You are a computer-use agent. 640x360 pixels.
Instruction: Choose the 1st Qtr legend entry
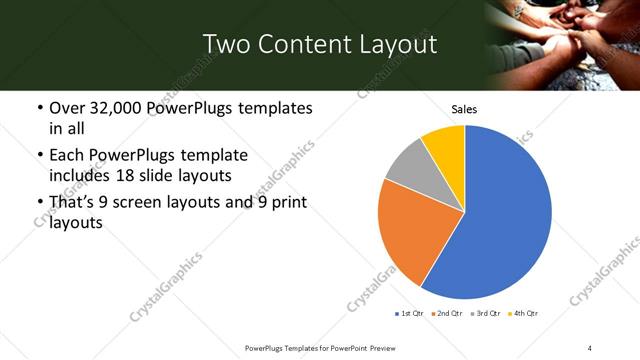(x=411, y=314)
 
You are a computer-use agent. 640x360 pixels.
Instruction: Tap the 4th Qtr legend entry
(x=524, y=314)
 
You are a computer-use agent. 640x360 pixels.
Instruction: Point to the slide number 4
(x=590, y=347)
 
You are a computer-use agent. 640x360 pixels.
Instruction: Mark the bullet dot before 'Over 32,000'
(x=38, y=108)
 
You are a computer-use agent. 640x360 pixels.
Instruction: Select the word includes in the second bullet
(x=81, y=175)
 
